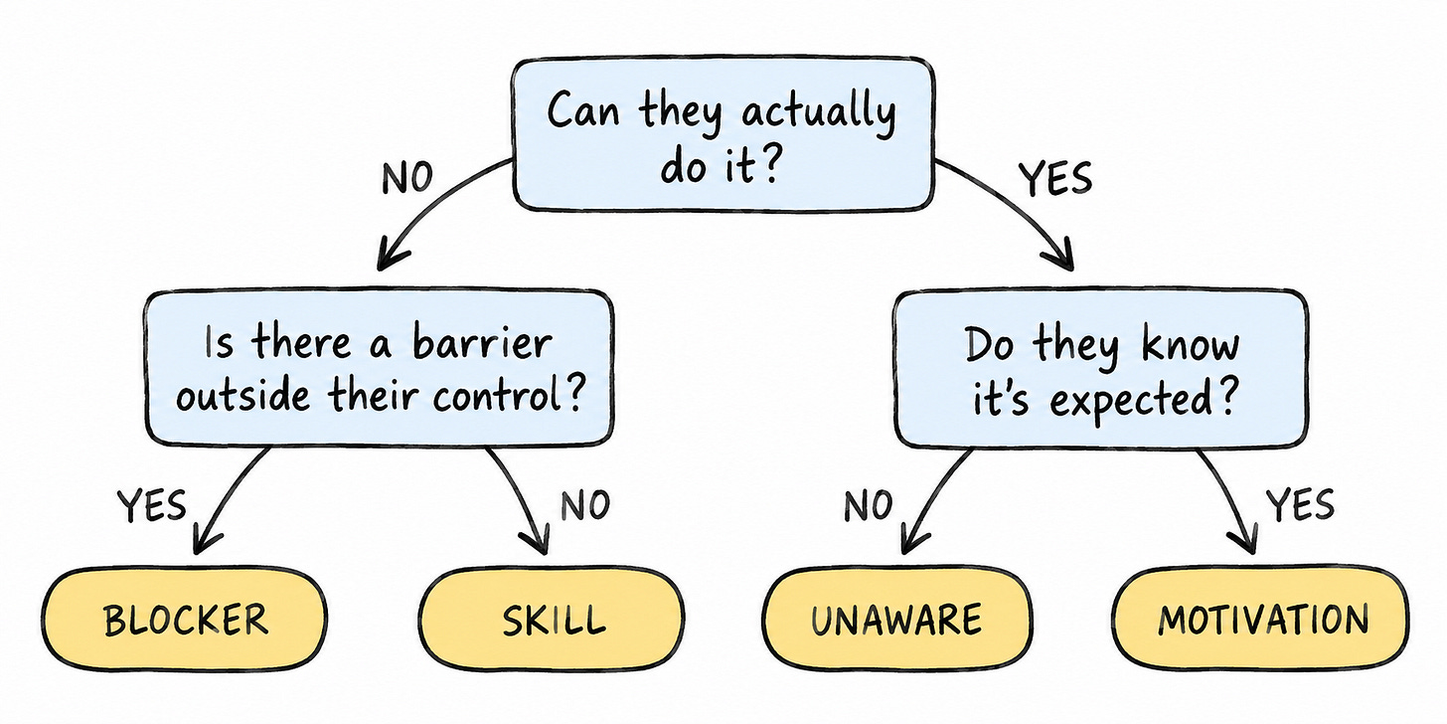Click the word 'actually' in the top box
[819, 113]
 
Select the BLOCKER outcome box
[185, 620]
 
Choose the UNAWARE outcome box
[896, 620]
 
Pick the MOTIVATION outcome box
[1261, 620]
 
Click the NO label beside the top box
[407, 178]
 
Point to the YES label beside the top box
[1054, 178]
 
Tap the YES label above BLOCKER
[151, 505]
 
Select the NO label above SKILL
[585, 505]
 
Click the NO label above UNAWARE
[869, 505]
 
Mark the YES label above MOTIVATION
[1300, 505]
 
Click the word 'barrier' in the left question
[482, 342]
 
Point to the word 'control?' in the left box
[508, 394]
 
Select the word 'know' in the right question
[1191, 345]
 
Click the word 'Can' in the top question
[582, 111]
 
